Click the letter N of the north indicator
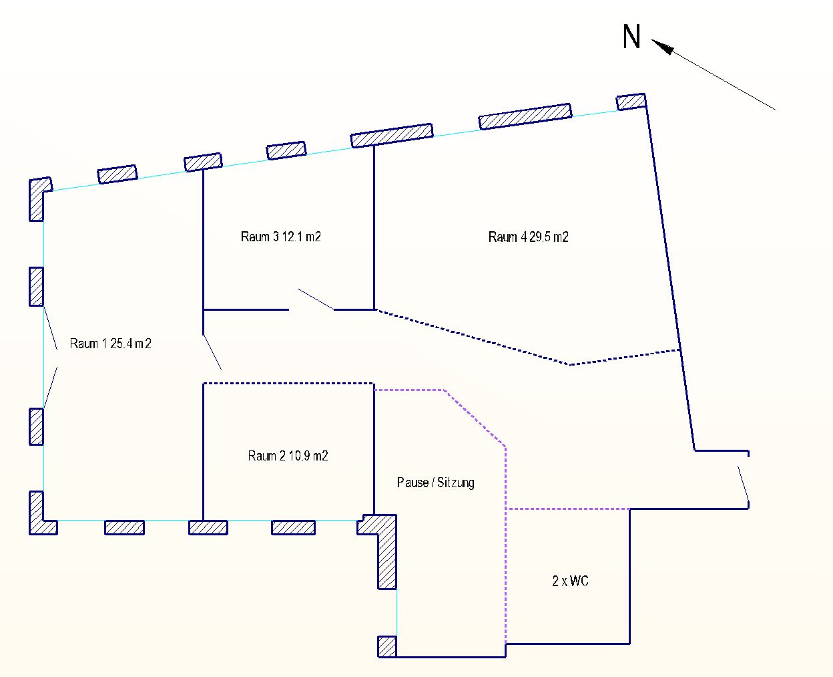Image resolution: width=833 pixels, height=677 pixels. click(x=631, y=36)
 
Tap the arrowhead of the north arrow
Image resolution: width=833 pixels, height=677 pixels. click(x=663, y=46)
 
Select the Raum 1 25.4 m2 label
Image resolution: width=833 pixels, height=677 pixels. click(x=110, y=344)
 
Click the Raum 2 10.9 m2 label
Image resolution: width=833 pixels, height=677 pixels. click(x=288, y=455)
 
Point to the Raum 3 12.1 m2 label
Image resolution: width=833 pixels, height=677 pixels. click(x=281, y=237)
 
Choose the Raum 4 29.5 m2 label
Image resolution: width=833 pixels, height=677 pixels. click(x=529, y=237)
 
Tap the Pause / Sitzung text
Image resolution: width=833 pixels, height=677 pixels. click(x=436, y=483)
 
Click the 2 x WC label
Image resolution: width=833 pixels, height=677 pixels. click(x=570, y=581)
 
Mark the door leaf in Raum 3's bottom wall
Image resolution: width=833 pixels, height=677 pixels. click(x=316, y=299)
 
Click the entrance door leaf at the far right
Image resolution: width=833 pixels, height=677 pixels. click(x=744, y=483)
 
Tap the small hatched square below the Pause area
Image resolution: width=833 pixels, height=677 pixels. click(x=387, y=646)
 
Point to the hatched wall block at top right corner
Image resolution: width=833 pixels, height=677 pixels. click(x=631, y=102)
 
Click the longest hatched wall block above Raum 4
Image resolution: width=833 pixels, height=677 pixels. click(x=525, y=116)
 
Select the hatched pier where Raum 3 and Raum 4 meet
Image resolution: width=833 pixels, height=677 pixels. click(x=392, y=136)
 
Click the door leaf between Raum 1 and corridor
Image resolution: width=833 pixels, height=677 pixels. click(x=212, y=352)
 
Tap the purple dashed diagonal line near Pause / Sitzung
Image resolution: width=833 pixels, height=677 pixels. click(x=475, y=418)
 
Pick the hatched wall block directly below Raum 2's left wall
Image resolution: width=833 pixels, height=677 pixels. click(x=208, y=527)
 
